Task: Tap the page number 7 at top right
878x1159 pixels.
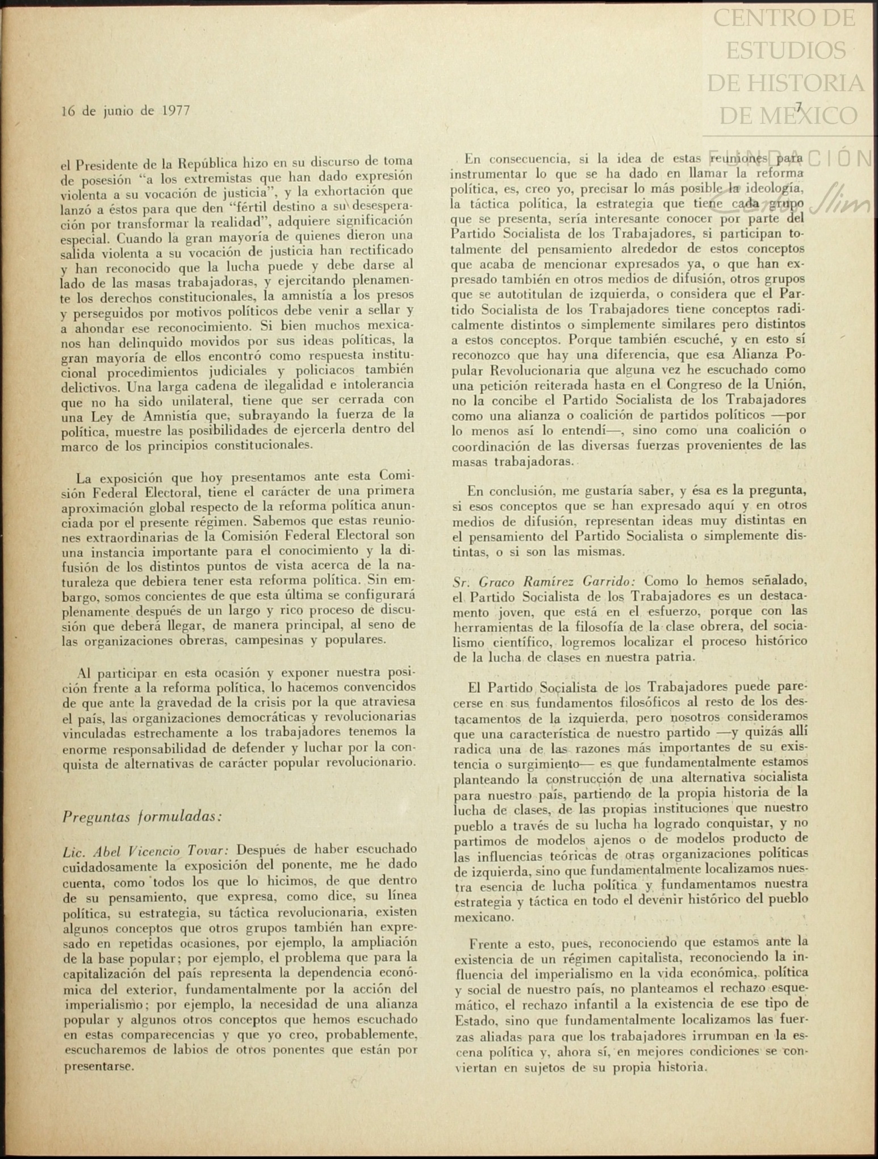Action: [x=798, y=106]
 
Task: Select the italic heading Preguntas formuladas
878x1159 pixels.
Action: [x=141, y=816]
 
